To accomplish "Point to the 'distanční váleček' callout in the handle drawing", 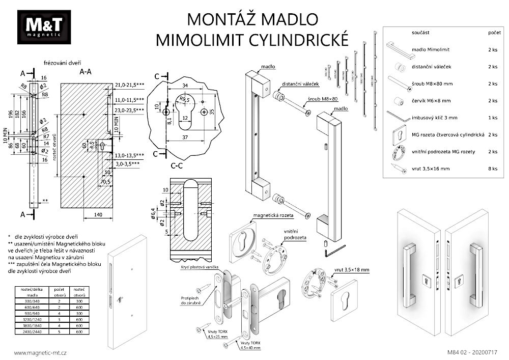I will [300, 84].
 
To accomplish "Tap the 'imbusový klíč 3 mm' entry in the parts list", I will [435, 118].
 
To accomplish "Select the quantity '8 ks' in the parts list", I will [492, 168].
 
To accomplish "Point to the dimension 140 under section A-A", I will [98, 215].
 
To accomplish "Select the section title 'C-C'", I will [178, 165].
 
